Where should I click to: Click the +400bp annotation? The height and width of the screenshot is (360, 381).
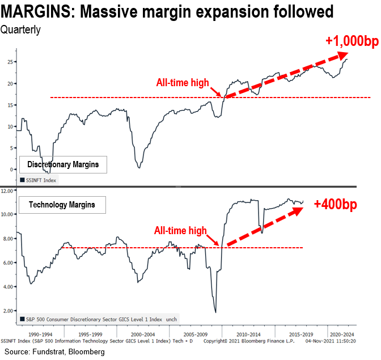click(336, 205)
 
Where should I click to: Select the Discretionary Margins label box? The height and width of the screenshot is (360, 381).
click(62, 164)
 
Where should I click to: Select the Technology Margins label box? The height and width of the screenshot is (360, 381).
click(62, 205)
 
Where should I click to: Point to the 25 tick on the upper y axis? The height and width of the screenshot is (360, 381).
click(10, 62)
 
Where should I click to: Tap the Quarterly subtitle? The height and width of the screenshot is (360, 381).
click(20, 30)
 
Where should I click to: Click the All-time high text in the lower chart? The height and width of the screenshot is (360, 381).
click(180, 231)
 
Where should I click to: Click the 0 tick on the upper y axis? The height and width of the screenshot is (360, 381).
click(11, 169)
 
